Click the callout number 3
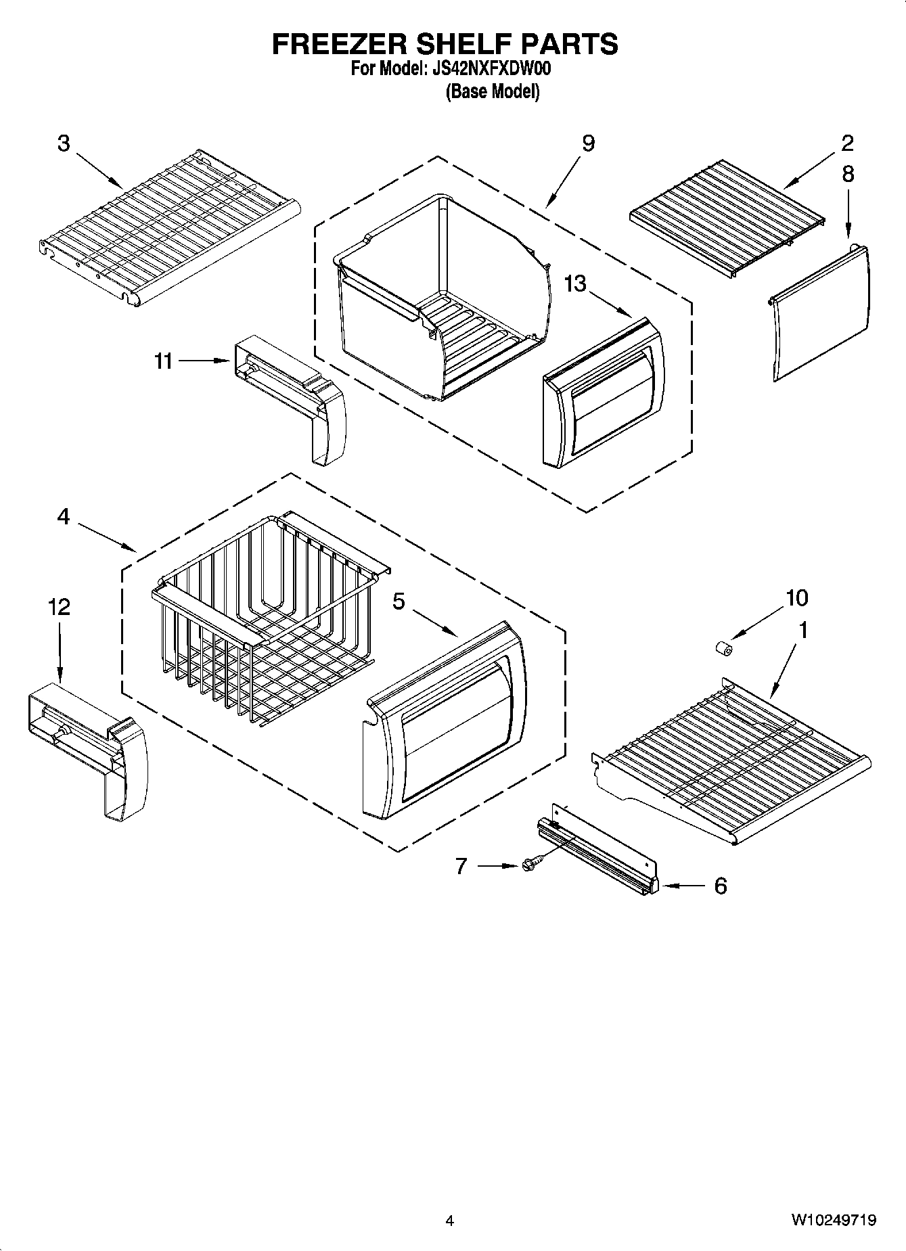[63, 143]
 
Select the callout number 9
[588, 143]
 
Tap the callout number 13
[575, 283]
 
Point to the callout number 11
[163, 361]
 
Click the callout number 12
[60, 607]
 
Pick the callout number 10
[796, 598]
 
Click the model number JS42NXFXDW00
[493, 69]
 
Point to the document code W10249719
[834, 1220]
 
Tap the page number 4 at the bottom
[449, 1221]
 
